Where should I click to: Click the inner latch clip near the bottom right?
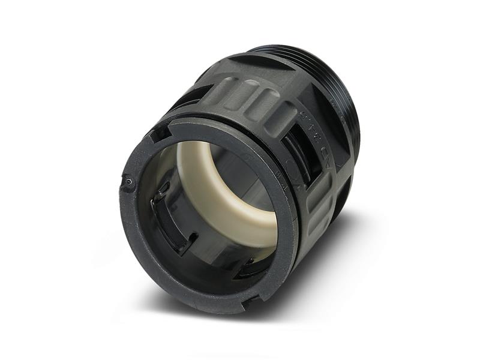[x=252, y=264]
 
